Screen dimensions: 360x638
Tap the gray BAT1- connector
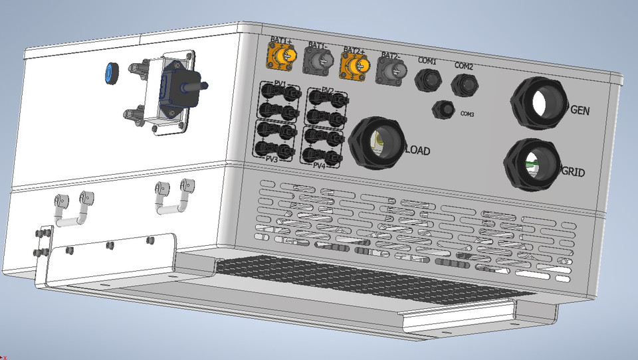(x=318, y=61)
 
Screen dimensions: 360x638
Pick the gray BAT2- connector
(x=390, y=68)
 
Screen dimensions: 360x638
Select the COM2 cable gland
(x=463, y=84)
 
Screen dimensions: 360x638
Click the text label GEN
(x=580, y=110)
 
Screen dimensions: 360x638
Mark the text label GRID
(x=573, y=173)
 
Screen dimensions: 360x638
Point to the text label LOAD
(x=417, y=151)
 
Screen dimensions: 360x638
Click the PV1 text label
(x=280, y=84)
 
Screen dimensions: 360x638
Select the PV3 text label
(x=272, y=159)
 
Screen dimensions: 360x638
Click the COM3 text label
(x=467, y=114)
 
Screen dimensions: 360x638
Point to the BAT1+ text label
(x=281, y=41)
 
